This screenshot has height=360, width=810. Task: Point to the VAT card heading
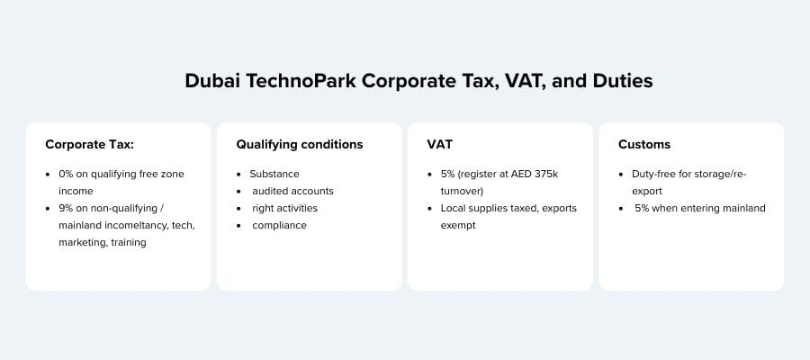coord(439,144)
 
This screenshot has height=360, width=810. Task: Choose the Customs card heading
coord(644,144)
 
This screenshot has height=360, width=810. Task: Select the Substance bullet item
coord(274,174)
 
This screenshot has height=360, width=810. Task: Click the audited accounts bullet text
coord(292,191)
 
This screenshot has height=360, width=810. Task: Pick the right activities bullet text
coord(284,208)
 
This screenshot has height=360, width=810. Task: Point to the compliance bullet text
coord(279,225)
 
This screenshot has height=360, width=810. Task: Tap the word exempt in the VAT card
coord(459,225)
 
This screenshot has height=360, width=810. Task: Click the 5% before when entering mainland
coord(643,208)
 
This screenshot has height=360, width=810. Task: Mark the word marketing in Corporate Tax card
coord(80,242)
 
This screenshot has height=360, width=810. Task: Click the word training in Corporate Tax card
coord(129,242)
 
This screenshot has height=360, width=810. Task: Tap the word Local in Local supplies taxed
coord(454,208)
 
